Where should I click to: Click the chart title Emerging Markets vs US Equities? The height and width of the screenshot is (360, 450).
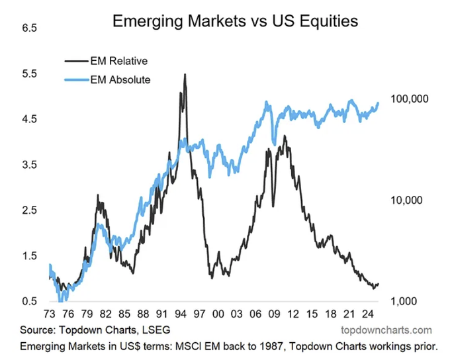click(x=235, y=21)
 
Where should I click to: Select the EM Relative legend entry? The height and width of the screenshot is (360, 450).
click(x=120, y=61)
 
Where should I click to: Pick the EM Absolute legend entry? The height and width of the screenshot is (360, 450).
click(x=120, y=80)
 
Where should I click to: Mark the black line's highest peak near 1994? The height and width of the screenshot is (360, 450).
click(x=185, y=74)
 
